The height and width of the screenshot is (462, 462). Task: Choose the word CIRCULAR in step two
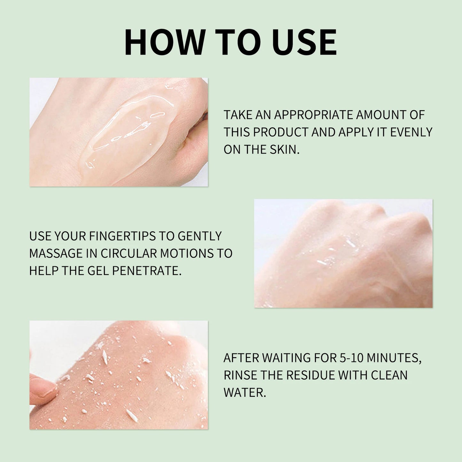pos(129,253)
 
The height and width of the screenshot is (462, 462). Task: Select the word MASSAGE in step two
pos(56,253)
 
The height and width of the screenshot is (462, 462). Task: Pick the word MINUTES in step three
pos(394,358)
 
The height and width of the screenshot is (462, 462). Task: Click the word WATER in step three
pos(245,393)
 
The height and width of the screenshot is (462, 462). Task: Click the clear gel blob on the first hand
pos(128,128)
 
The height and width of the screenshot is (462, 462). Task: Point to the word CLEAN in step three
pos(389,375)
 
